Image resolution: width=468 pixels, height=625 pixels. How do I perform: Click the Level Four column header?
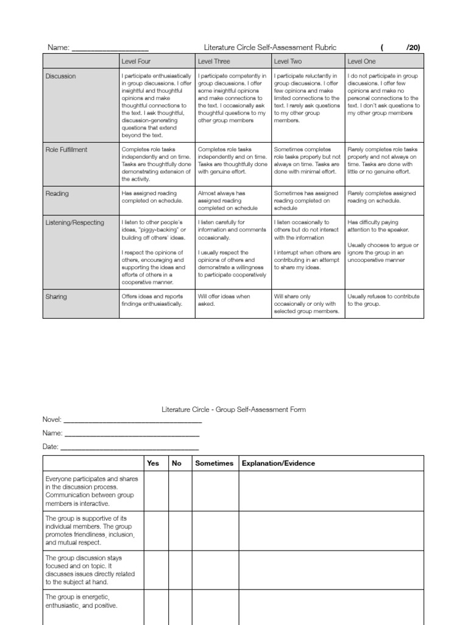[136, 62]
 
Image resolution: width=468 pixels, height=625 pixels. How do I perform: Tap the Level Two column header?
[289, 62]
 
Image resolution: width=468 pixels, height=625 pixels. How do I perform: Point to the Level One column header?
[361, 62]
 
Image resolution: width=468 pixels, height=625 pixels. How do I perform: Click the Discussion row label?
[62, 76]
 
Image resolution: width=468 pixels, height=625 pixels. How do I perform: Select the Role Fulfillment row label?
[66, 149]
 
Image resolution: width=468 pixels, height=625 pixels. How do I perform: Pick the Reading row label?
[57, 193]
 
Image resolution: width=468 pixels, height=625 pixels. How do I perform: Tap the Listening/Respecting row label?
[75, 223]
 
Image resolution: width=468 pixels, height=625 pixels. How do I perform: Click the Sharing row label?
[57, 297]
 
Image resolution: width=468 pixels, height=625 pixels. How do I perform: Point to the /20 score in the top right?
[413, 48]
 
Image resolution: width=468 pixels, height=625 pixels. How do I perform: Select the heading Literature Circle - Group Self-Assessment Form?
[233, 410]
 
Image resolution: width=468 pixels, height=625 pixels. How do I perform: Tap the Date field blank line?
[130, 447]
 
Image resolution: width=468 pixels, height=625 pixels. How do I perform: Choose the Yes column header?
[153, 463]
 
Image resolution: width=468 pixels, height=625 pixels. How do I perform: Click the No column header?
[177, 463]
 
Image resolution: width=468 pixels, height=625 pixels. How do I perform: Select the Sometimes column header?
[214, 463]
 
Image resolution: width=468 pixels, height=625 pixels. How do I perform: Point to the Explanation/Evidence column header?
[278, 463]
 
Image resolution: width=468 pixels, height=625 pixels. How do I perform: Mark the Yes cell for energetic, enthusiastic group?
[156, 607]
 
